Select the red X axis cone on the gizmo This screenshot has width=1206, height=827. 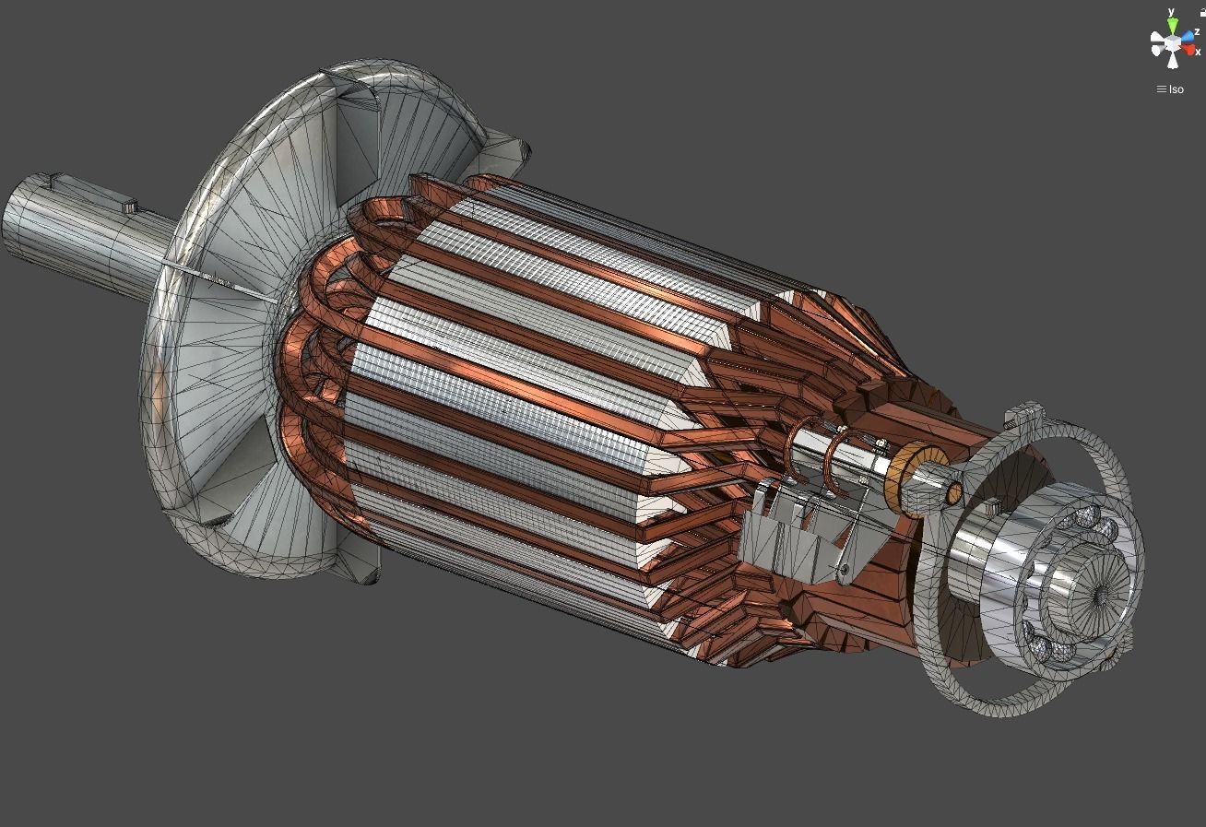coord(1189,49)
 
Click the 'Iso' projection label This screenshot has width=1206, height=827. coord(1176,89)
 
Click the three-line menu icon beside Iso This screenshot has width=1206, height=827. coord(1161,89)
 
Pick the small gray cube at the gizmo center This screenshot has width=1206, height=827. coord(1172,42)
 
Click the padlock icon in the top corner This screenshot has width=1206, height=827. coord(1201,11)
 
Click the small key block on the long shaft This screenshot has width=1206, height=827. coord(128,204)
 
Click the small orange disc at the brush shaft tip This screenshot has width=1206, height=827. coord(952,493)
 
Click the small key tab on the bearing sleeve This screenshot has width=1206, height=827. coord(992,508)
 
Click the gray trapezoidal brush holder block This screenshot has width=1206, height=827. coord(784,549)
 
